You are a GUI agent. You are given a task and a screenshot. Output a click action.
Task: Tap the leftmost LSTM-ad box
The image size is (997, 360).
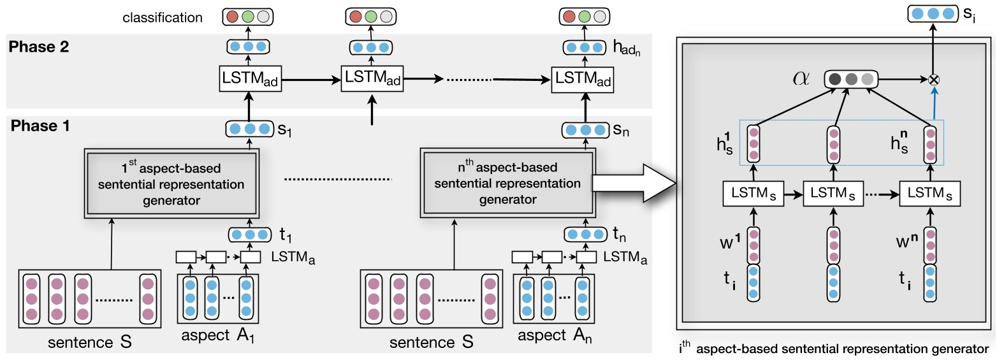249,80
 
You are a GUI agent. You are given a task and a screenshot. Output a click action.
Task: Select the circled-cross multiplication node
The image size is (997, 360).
935,80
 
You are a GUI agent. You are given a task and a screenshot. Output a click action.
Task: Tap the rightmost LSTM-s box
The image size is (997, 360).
929,192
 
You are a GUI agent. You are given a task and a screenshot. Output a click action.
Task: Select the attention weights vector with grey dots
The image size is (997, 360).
851,80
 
